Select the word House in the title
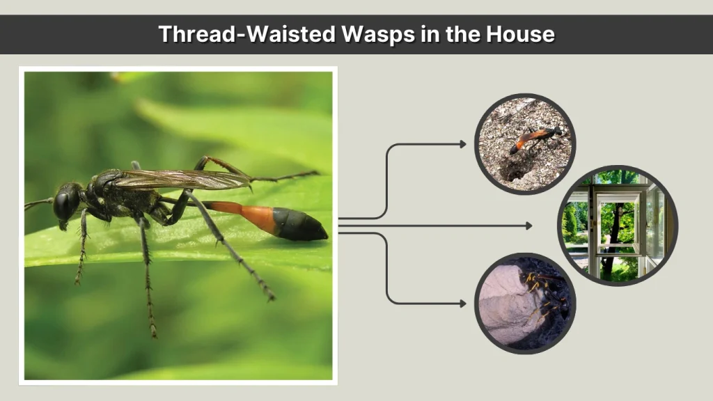[520, 34]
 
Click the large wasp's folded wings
[182, 179]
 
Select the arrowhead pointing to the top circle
[463, 144]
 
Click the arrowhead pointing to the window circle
[529, 226]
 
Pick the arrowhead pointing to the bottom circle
[463, 304]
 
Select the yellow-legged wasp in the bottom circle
[546, 295]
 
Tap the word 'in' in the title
[430, 34]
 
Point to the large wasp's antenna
[39, 203]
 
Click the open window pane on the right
[654, 228]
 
